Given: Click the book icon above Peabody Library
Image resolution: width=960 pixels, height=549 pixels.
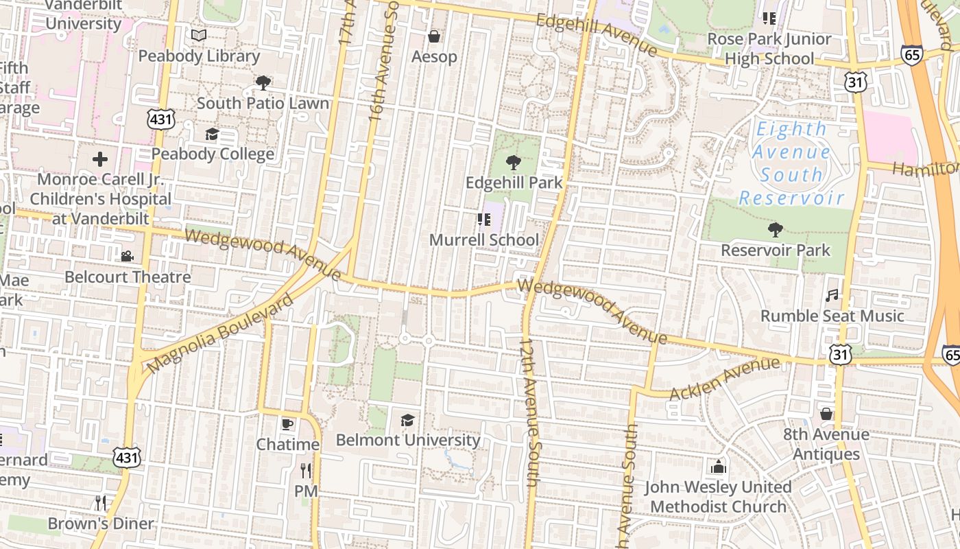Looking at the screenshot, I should [x=199, y=35].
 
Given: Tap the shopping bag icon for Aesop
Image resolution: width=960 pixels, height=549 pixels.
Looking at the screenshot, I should [x=434, y=36].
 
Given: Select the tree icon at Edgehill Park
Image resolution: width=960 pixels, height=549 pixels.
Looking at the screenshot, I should [x=513, y=163].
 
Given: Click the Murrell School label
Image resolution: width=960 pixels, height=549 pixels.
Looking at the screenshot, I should [x=483, y=240].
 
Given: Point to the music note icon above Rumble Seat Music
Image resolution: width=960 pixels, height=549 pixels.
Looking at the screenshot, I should [x=832, y=296].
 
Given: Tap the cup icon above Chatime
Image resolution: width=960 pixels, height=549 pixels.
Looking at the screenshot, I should [x=287, y=423].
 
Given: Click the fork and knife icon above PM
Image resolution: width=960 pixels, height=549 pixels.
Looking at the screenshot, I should [x=306, y=471].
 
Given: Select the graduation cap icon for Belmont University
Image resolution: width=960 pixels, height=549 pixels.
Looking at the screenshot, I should [x=408, y=419].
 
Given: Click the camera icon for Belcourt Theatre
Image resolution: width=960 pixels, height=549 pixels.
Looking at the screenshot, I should [x=127, y=257].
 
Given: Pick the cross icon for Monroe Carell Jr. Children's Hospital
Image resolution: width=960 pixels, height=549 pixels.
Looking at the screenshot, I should [x=100, y=160].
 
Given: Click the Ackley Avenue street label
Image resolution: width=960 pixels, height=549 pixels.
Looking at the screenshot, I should [x=724, y=379].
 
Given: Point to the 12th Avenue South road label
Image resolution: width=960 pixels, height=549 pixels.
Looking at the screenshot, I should [x=530, y=412].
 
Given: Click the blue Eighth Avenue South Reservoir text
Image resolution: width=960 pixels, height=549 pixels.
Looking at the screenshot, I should [x=792, y=163].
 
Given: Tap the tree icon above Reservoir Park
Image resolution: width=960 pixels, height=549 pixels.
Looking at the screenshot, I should [x=776, y=230].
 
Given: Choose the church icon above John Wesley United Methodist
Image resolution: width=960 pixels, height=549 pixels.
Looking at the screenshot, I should [x=718, y=467].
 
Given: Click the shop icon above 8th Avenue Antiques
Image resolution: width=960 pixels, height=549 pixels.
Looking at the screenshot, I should [x=826, y=414].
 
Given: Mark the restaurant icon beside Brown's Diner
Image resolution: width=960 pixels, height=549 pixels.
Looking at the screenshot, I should [x=101, y=503].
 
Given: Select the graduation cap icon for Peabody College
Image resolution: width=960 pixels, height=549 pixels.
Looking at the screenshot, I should [x=212, y=134].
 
